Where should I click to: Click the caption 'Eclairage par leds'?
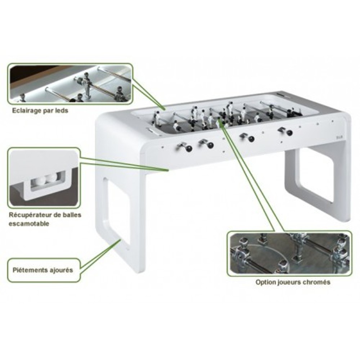(x=40, y=111)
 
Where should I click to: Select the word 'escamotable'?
(x=29, y=224)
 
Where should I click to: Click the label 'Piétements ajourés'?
(x=43, y=270)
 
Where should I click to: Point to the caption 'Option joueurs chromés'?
(x=293, y=282)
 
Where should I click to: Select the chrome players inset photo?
(x=289, y=253)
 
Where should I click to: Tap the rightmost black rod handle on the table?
(x=289, y=133)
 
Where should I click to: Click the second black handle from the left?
(x=210, y=145)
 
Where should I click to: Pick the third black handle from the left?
(x=251, y=139)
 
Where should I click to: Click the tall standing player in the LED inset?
(x=86, y=85)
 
